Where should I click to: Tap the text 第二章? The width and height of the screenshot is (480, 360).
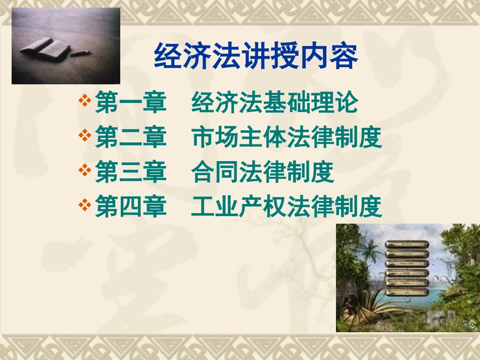tap(130, 138)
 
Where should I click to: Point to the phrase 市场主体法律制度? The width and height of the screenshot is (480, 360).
tap(286, 138)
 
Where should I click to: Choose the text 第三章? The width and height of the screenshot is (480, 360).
tap(130, 173)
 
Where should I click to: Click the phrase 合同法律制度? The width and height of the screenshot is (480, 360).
tap(263, 173)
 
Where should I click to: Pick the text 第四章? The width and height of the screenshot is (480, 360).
tap(130, 207)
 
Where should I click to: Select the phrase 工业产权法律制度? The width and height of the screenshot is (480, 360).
tap(286, 207)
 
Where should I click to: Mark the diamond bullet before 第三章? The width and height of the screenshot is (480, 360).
tap(85, 170)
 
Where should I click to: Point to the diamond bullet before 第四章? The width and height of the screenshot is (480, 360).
tap(85, 204)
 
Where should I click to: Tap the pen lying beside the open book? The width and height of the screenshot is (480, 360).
tap(80, 53)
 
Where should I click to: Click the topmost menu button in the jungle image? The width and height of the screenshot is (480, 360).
tap(407, 245)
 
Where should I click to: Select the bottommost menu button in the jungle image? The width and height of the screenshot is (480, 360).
tap(407, 292)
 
